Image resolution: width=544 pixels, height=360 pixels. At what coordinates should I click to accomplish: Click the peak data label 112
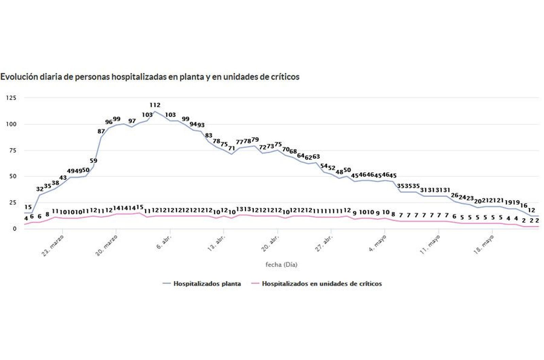tap(155, 105)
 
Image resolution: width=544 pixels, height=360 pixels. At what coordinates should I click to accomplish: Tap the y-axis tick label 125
tap(11, 98)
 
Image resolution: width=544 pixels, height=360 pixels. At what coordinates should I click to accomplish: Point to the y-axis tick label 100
tap(11, 124)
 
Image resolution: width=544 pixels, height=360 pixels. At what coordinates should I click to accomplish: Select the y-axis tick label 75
tap(12, 150)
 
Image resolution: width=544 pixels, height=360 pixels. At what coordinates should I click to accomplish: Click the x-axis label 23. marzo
tap(53, 246)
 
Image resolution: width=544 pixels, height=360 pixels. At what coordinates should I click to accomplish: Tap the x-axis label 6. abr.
tap(164, 242)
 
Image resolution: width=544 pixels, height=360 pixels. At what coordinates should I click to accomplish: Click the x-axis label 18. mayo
tap(483, 245)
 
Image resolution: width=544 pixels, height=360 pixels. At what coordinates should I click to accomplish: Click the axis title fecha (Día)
tap(281, 265)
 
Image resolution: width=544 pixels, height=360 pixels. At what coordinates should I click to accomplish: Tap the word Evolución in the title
tap(19, 77)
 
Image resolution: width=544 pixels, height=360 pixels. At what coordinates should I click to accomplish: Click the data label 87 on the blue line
tap(101, 131)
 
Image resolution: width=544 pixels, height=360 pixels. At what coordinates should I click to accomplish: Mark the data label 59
tap(93, 161)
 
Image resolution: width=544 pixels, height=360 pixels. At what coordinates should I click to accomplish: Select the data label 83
tap(208, 135)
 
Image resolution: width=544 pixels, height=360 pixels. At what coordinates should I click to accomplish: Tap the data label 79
tap(255, 140)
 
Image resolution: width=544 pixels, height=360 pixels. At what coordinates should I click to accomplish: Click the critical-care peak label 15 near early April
tap(139, 207)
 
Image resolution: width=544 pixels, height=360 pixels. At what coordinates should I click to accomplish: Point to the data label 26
tap(455, 196)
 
